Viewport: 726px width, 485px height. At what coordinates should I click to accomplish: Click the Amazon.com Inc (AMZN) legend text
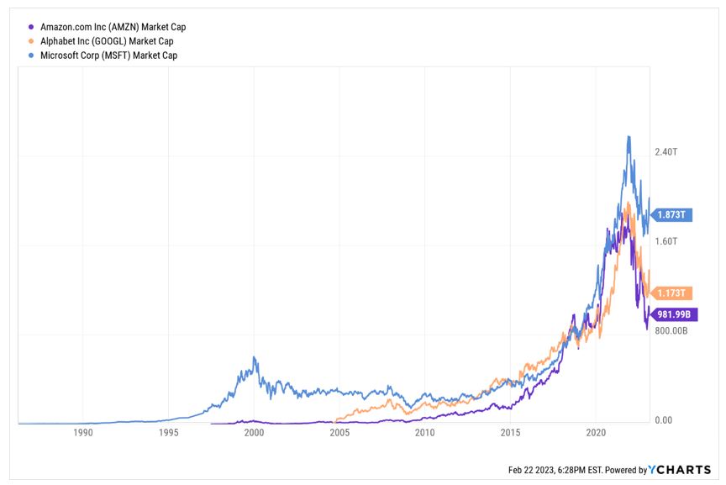point(113,27)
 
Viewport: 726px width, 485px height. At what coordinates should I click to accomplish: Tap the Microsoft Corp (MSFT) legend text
point(108,55)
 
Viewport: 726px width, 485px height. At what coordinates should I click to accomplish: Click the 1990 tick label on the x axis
point(82,433)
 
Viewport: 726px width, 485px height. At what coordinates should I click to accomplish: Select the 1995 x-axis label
point(168,433)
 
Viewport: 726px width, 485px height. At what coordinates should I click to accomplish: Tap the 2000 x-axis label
point(254,433)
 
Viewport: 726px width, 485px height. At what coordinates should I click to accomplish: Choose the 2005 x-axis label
point(339,433)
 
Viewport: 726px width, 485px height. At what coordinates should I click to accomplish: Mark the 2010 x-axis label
point(425,433)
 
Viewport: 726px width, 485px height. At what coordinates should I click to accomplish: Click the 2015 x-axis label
point(510,433)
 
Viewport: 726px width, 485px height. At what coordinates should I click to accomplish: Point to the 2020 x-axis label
point(596,433)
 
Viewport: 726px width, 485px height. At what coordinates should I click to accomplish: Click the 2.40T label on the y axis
point(665,152)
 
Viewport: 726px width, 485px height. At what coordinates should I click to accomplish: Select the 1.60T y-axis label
point(665,241)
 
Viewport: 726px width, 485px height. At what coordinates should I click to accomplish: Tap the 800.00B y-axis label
point(671,330)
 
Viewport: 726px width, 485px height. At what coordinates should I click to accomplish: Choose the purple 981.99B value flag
point(672,314)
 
